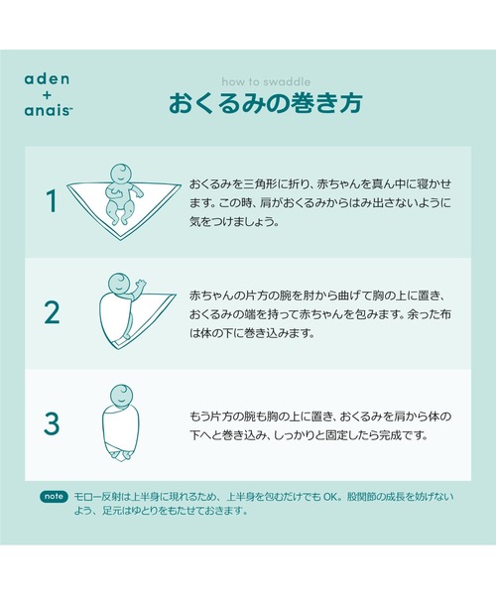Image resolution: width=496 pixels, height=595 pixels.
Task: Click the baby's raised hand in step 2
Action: coord(141,286)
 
